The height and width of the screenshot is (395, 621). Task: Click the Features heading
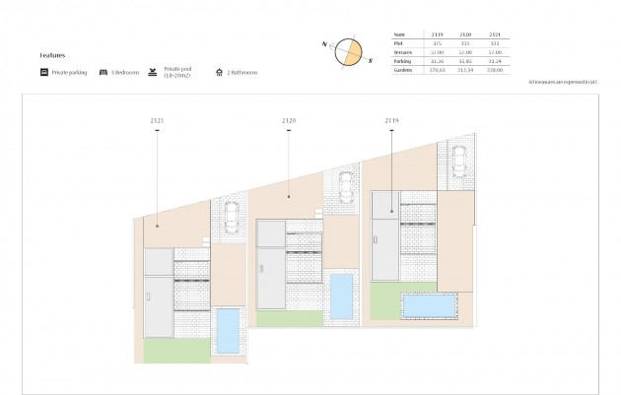tap(52, 56)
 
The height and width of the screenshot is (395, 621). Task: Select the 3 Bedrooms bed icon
tap(103, 73)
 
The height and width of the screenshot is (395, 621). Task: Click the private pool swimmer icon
tap(153, 72)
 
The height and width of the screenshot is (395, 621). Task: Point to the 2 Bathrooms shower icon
tap(218, 73)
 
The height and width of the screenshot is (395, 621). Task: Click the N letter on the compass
tap(324, 43)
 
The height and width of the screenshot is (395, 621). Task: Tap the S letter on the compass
tap(371, 60)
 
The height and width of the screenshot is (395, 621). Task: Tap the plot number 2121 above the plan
tap(157, 120)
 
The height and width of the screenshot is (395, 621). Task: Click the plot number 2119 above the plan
tap(391, 120)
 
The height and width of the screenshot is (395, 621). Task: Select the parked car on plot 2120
tap(345, 186)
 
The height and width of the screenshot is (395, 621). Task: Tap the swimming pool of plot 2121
tap(228, 331)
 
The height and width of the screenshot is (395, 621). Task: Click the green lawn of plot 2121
tap(170, 350)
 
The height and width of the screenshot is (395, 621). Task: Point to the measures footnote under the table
tap(563, 84)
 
